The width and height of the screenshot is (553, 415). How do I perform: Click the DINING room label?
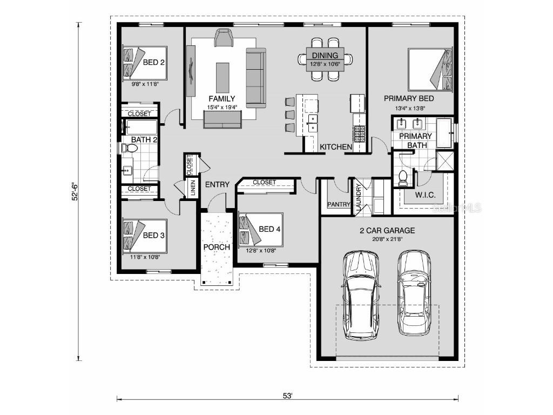[x=325, y=55]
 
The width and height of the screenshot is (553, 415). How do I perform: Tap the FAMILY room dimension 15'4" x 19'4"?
[x=221, y=107]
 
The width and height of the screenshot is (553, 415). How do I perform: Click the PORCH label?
[x=217, y=247]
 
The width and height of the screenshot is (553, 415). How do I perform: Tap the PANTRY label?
[x=339, y=205]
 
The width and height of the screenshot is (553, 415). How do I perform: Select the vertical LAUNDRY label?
[x=358, y=195]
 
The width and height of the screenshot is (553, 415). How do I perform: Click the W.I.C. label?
[x=425, y=195]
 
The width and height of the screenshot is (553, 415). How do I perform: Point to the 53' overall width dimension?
[x=288, y=396]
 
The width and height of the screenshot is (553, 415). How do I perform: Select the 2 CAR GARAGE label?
[x=387, y=230]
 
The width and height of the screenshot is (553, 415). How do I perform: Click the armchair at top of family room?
[x=224, y=38]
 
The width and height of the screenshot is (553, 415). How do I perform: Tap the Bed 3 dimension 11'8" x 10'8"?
[x=145, y=257]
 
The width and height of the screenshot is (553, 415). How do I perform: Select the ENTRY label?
[x=217, y=184]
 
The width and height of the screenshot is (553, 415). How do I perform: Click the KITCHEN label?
[x=336, y=147]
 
